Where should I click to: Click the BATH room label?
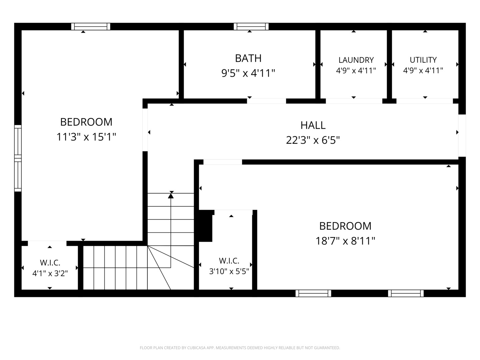[248, 58]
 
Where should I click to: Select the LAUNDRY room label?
[356, 60]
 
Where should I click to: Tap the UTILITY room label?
[423, 60]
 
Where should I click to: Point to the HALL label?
[313, 125]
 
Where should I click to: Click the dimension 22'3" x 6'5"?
[313, 140]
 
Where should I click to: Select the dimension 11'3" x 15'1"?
[86, 137]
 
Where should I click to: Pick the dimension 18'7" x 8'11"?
[345, 241]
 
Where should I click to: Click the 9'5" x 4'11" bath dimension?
[248, 73]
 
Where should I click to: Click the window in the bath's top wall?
[251, 26]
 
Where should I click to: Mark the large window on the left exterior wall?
[18, 158]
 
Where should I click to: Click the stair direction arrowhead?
[171, 196]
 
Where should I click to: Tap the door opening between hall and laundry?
[354, 101]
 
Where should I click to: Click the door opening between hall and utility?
[424, 101]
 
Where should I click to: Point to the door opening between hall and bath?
[267, 101]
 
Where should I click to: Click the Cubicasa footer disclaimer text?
[240, 348]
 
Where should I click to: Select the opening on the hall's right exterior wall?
[462, 136]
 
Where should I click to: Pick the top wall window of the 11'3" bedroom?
[91, 26]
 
